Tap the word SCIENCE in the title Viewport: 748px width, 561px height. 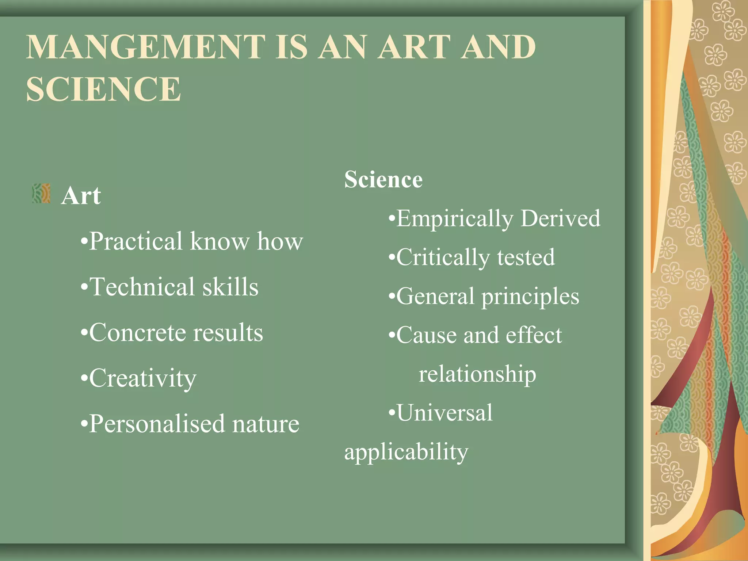103,89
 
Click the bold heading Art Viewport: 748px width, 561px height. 81,196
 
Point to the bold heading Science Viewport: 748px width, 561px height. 383,180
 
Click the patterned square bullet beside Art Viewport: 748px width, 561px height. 41,193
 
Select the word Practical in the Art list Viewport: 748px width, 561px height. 136,241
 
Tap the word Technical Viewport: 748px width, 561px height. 142,287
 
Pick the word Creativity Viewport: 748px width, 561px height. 143,379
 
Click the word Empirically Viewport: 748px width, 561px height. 455,219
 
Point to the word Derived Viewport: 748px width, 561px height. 560,218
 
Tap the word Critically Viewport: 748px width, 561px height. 443,258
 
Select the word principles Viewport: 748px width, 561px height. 530,297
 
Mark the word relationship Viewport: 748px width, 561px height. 477,374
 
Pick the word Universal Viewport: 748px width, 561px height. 444,413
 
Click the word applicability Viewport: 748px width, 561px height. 406,453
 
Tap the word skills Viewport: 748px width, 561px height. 230,287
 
